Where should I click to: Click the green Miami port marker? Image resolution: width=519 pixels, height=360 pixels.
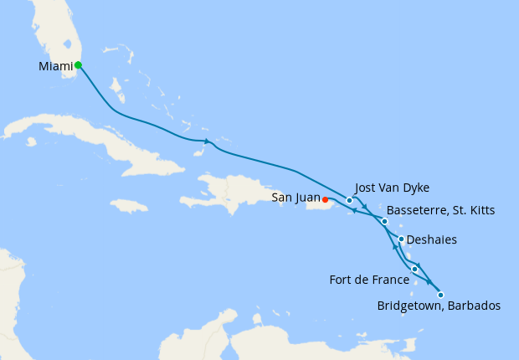78,64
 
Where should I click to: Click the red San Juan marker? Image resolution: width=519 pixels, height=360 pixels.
325,200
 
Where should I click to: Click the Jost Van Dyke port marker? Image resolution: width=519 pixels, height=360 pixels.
349,201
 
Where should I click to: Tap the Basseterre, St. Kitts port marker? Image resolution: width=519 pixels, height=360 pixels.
384,222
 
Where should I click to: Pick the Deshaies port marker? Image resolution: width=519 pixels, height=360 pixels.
401,239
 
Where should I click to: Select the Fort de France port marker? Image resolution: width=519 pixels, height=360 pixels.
414,269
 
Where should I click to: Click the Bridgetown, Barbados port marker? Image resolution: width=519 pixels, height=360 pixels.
440,295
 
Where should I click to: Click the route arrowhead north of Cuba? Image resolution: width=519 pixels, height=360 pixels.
206,141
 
